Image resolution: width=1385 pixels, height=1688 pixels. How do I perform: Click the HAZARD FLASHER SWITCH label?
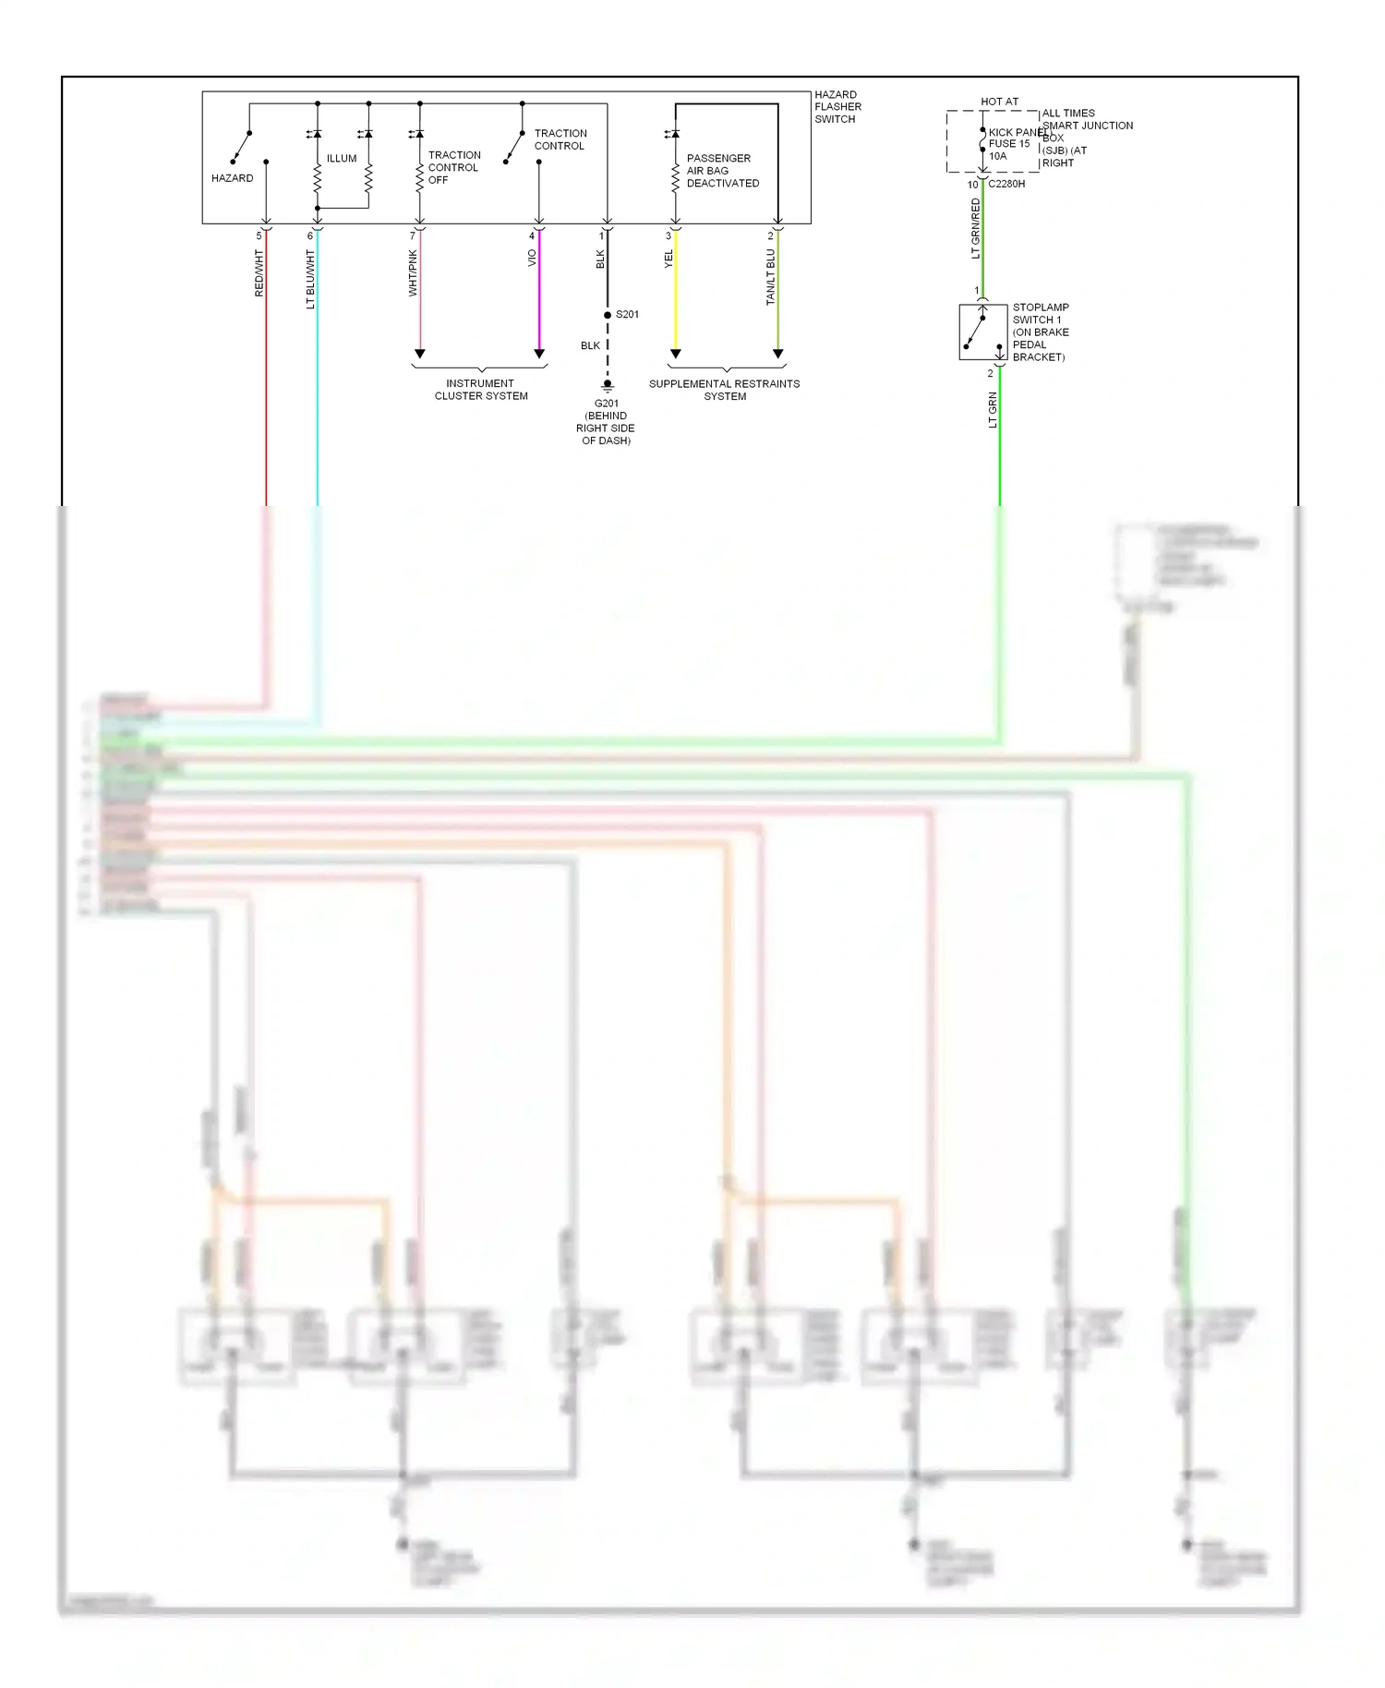click(837, 107)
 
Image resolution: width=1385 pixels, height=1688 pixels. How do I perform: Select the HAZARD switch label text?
click(232, 178)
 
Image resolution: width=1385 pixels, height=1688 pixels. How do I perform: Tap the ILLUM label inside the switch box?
click(342, 159)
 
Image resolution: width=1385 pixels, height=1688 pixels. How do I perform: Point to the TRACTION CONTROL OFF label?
click(453, 168)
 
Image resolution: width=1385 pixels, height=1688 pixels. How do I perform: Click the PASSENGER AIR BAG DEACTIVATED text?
click(722, 171)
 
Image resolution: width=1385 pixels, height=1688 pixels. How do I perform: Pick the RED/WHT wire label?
click(259, 273)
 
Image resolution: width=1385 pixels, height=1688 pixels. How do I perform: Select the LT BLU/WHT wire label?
click(311, 279)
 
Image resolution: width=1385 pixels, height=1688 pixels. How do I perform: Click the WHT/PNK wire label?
click(413, 273)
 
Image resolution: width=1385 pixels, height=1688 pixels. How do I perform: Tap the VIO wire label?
click(532, 259)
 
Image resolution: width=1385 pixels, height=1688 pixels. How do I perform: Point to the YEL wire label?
click(668, 260)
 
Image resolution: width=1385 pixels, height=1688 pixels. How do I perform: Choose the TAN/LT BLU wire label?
click(771, 277)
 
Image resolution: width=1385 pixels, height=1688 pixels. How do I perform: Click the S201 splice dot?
click(608, 316)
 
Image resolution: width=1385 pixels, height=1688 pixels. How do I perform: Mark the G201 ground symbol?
click(608, 385)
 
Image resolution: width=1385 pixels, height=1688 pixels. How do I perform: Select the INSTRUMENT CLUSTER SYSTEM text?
click(481, 390)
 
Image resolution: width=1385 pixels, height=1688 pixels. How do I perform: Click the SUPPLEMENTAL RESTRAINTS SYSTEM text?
click(725, 390)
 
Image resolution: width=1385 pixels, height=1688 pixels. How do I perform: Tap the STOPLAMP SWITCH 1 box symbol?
click(982, 332)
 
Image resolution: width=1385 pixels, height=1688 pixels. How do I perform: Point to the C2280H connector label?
click(1006, 184)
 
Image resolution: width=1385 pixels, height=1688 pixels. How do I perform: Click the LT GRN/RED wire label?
click(976, 229)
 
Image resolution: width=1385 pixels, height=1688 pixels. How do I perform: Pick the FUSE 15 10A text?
click(1008, 150)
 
